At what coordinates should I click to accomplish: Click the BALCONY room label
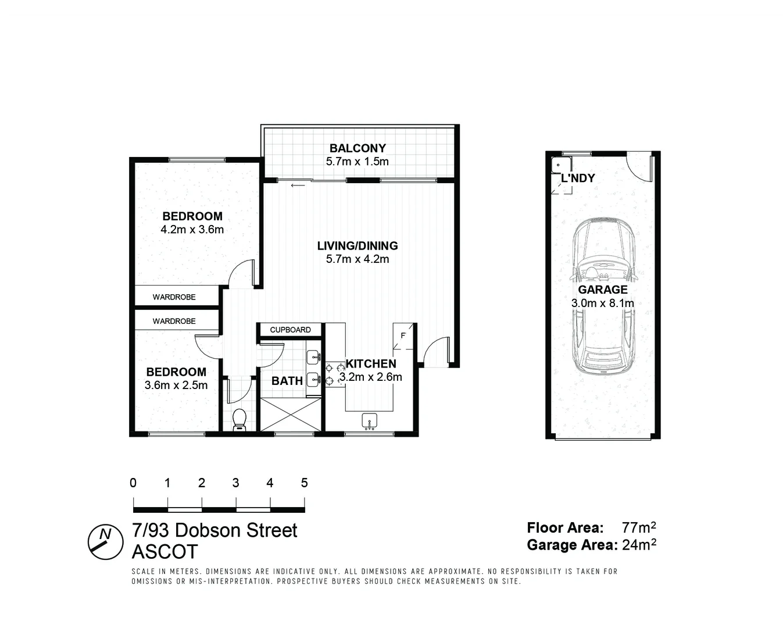point(357,148)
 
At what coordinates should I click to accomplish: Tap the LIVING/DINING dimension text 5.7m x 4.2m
point(357,259)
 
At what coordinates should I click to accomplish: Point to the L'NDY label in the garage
point(578,179)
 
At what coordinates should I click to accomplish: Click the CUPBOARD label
point(290,330)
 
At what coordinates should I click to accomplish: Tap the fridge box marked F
point(403,336)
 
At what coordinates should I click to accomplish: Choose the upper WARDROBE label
point(174,297)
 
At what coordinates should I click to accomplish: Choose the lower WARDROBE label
point(174,321)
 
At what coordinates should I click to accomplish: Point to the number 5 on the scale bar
point(304,483)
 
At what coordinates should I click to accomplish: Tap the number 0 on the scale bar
point(133,483)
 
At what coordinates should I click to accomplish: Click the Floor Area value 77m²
point(639,528)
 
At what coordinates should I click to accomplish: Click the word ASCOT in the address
point(165,551)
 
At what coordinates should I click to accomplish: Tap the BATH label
point(287,381)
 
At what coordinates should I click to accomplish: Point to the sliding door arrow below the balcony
point(298,186)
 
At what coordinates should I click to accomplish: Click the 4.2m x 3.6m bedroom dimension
point(192,230)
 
